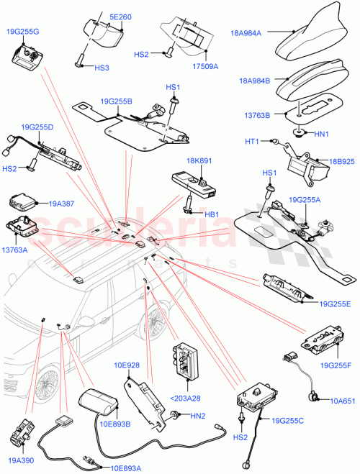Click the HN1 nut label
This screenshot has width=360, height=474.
(x=323, y=134)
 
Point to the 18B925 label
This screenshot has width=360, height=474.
(x=335, y=164)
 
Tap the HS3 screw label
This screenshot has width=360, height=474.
(x=102, y=68)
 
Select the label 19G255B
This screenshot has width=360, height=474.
(x=117, y=102)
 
